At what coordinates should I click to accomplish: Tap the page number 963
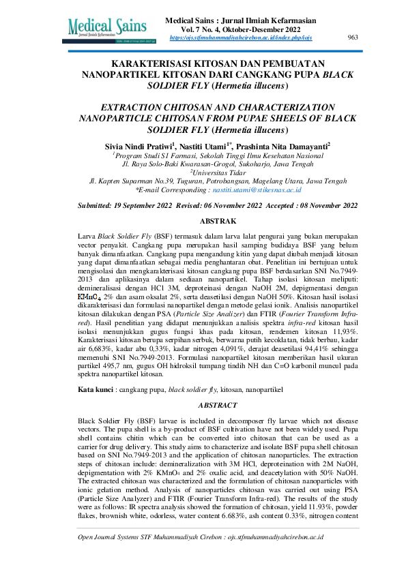point(353,37)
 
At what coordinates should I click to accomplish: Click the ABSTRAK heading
point(218,221)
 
